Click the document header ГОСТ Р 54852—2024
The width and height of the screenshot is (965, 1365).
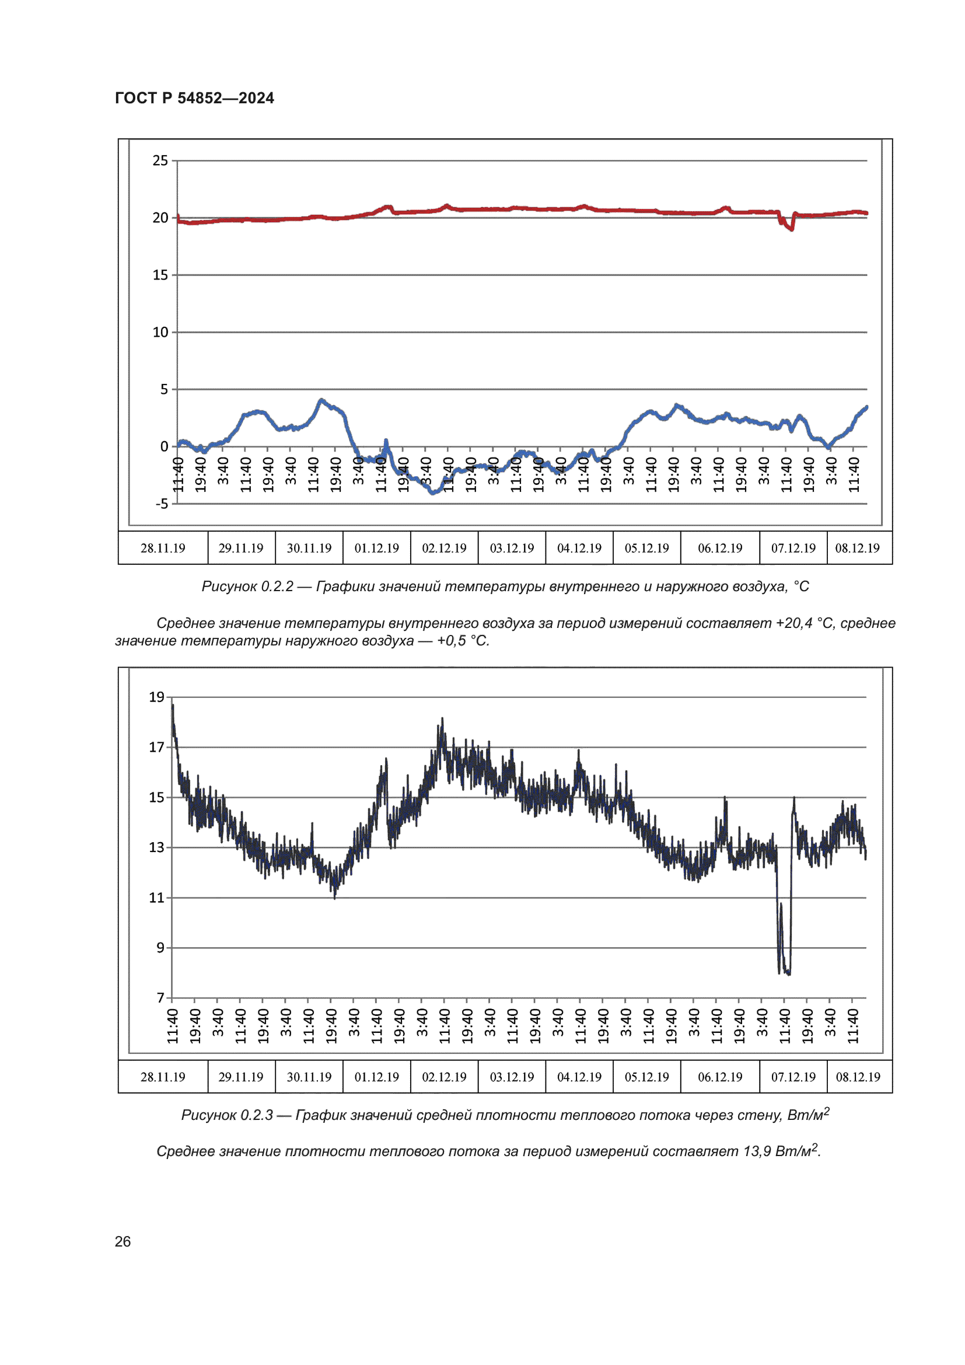pyautogui.click(x=194, y=98)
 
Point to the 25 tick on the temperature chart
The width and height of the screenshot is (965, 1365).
pyautogui.click(x=160, y=160)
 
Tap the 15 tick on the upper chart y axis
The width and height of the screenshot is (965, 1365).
pyautogui.click(x=160, y=275)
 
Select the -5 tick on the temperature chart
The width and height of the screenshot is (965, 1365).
pyautogui.click(x=162, y=504)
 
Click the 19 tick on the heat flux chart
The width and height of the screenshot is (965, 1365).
pyautogui.click(x=156, y=697)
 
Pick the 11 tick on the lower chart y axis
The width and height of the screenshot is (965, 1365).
pyautogui.click(x=156, y=898)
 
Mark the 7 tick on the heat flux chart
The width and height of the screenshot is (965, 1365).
pyautogui.click(x=160, y=997)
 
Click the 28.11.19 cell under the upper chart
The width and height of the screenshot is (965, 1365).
pyautogui.click(x=163, y=548)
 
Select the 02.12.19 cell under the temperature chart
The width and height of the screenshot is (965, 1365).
pyautogui.click(x=445, y=548)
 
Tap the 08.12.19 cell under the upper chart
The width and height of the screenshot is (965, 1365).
pyautogui.click(x=858, y=548)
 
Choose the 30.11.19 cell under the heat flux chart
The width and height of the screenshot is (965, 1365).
pyautogui.click(x=309, y=1077)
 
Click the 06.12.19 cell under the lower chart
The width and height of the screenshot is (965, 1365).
pyautogui.click(x=720, y=1077)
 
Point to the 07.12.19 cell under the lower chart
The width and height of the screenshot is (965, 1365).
pyautogui.click(x=793, y=1077)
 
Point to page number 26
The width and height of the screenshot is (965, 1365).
pyautogui.click(x=123, y=1242)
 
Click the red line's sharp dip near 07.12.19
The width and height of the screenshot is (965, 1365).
pyautogui.click(x=791, y=228)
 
